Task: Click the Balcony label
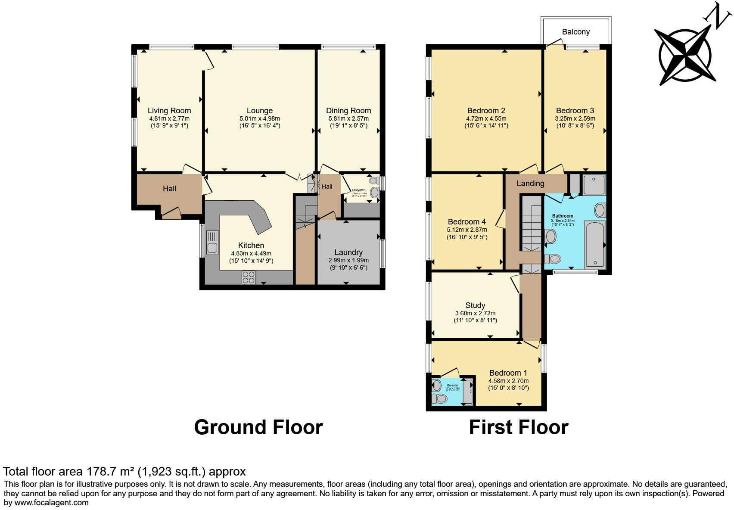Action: coord(575,32)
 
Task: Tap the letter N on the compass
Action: coord(718,16)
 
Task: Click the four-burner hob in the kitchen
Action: coord(248,277)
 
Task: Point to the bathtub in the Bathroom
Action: coord(595,244)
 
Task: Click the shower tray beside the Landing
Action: coord(594,184)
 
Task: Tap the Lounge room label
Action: coord(259,111)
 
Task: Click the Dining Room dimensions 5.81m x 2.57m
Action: coord(348,118)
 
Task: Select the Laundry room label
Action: coord(348,252)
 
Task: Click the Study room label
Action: coord(475,305)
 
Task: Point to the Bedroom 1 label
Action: coord(508,373)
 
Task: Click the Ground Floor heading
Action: coord(258,427)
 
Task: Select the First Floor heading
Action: coord(518,427)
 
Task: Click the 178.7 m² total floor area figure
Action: coord(106,471)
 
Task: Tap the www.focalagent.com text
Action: coord(51,502)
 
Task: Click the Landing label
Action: coord(530,183)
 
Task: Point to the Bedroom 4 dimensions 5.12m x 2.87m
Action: coord(467,230)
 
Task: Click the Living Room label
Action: coord(169,111)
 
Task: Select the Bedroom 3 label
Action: coord(575,111)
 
